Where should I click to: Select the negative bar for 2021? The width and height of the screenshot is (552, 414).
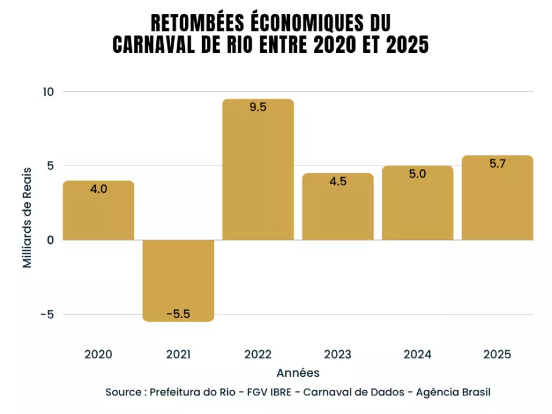pos(178,279)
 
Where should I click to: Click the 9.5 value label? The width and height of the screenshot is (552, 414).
pos(258,107)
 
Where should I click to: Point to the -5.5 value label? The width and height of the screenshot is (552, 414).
pos(178,314)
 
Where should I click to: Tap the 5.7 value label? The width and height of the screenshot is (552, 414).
pos(497,164)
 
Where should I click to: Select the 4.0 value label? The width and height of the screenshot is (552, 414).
pos(98,189)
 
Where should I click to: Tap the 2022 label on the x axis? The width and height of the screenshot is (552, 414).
pos(258,354)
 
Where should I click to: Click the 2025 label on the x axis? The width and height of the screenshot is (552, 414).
pos(497,354)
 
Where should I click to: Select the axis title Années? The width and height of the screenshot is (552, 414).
pos(297,372)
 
